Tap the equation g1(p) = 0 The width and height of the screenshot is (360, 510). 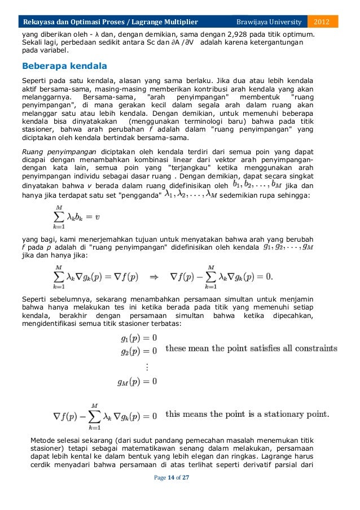tap(138, 338)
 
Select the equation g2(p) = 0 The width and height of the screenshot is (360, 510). tap(138, 351)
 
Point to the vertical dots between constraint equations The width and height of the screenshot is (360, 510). tap(147, 367)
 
